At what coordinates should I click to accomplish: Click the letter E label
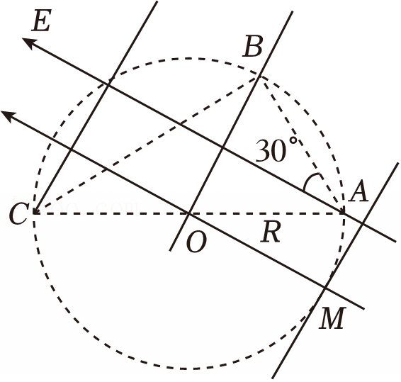[x=41, y=21]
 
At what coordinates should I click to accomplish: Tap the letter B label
[x=252, y=46]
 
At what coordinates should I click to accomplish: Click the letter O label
[x=196, y=242]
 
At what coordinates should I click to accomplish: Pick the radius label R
[x=271, y=232]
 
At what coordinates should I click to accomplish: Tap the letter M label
[x=332, y=318]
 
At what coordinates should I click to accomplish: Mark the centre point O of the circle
[x=188, y=213]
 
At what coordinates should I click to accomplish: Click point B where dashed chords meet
[x=259, y=77]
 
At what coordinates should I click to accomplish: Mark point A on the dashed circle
[x=344, y=213]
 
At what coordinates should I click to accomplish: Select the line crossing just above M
[x=325, y=288]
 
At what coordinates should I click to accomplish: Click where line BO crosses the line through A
[x=222, y=147]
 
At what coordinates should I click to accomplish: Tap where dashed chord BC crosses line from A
[x=181, y=124]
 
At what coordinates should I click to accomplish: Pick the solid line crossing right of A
[x=362, y=223]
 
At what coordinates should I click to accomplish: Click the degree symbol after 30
[x=293, y=141]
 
